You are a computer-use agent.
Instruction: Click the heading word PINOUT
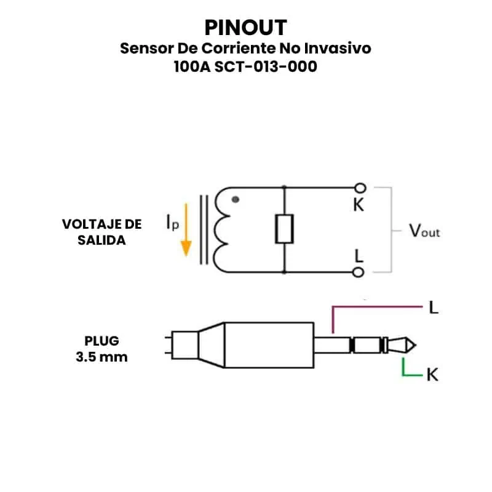[245, 28]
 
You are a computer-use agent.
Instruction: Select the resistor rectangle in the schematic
[284, 229]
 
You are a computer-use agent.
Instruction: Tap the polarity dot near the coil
[235, 199]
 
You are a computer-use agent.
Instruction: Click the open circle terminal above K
[360, 188]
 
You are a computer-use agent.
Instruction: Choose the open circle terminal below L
[360, 271]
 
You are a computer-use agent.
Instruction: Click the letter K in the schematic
[359, 205]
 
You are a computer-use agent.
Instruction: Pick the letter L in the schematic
[359, 255]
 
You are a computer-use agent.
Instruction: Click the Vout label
[424, 231]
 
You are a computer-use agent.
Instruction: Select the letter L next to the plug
[434, 307]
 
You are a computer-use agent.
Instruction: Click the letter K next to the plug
[432, 374]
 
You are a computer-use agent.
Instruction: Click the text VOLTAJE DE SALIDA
[102, 232]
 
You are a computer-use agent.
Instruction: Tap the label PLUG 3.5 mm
[102, 349]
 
